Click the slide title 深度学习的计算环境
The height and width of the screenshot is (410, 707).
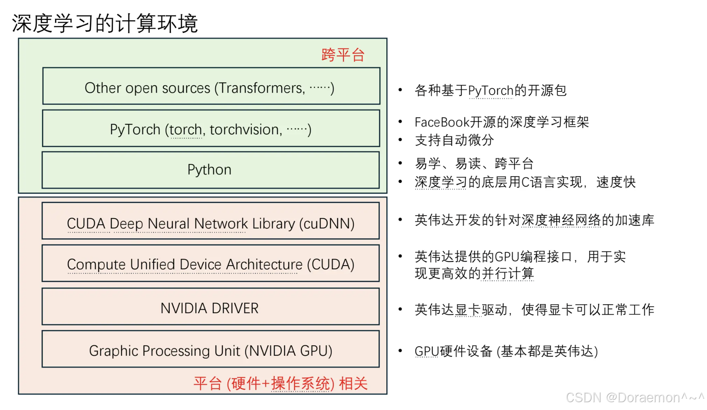pyautogui.click(x=105, y=23)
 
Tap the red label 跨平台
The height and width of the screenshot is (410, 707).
pyautogui.click(x=343, y=55)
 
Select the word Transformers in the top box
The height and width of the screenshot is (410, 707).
pyautogui.click(x=261, y=88)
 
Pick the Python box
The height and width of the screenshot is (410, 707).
pyautogui.click(x=210, y=170)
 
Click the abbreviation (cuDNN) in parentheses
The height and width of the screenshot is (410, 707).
pyautogui.click(x=327, y=224)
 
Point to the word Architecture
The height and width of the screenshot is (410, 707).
pyautogui.click(x=264, y=265)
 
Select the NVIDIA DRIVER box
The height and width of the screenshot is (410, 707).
pyautogui.click(x=210, y=308)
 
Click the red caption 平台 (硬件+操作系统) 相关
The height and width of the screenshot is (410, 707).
pyautogui.click(x=280, y=383)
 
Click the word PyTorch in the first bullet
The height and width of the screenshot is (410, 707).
pyautogui.click(x=490, y=91)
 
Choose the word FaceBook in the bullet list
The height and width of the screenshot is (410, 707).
pyautogui.click(x=442, y=122)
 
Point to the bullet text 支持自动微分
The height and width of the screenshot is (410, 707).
pyautogui.click(x=454, y=140)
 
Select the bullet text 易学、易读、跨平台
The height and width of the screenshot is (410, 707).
pyautogui.click(x=474, y=164)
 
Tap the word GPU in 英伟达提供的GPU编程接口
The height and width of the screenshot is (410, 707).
pyautogui.click(x=506, y=257)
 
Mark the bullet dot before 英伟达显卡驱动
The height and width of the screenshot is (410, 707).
pyautogui.click(x=400, y=309)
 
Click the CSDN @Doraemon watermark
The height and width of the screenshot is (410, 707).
pyautogui.click(x=634, y=398)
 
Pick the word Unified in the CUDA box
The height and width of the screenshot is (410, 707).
pyautogui.click(x=153, y=265)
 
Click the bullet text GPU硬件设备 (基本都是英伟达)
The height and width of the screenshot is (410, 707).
pyautogui.click(x=506, y=351)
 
